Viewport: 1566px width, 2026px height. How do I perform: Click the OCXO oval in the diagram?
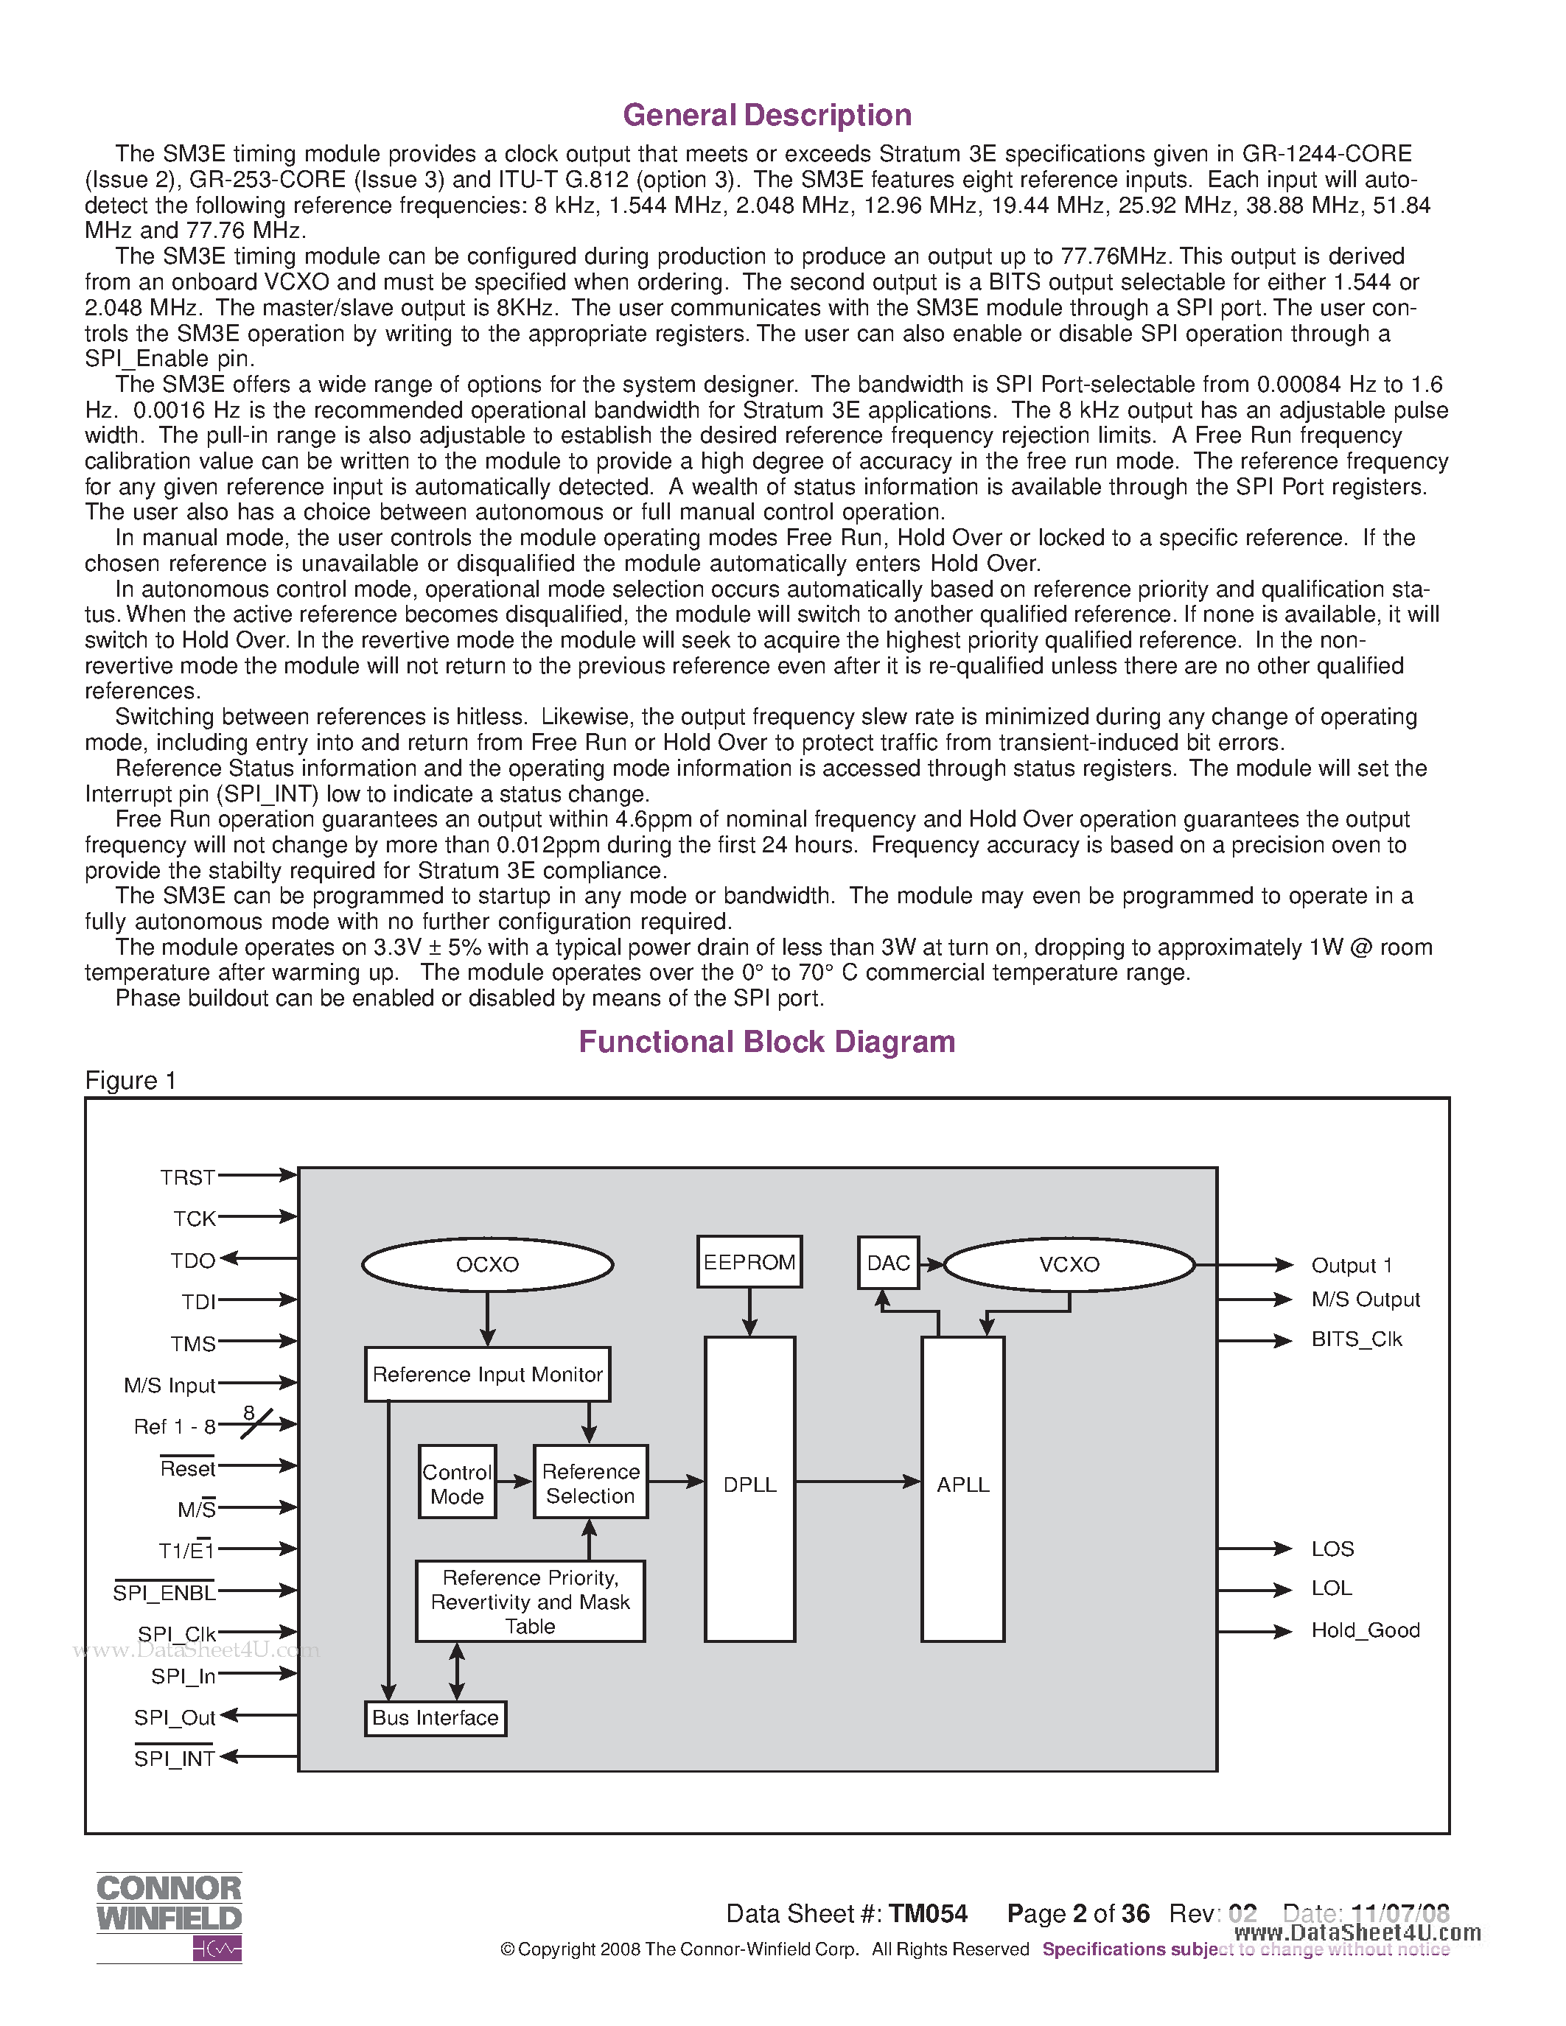coord(487,1264)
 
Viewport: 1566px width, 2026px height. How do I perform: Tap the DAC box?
coord(888,1263)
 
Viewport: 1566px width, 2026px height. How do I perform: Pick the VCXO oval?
coord(1069,1264)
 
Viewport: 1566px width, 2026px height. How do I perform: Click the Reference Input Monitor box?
coord(487,1374)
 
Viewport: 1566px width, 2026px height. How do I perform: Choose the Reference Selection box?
coord(590,1483)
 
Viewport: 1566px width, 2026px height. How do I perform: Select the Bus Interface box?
coord(435,1718)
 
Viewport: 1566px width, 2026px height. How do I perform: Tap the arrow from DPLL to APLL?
coord(857,1482)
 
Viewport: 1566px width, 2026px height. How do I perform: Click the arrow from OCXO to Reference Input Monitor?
coord(487,1318)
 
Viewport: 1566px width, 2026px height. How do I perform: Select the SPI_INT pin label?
coord(175,1759)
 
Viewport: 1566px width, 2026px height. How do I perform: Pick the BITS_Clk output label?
coord(1356,1339)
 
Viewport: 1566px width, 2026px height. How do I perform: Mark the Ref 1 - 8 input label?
coord(175,1427)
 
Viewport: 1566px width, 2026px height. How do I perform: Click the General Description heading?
coord(767,115)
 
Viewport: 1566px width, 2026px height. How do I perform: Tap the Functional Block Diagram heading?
coord(767,1042)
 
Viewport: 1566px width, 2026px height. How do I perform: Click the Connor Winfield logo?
coord(169,1915)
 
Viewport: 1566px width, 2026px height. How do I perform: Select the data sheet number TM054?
coord(928,1914)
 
